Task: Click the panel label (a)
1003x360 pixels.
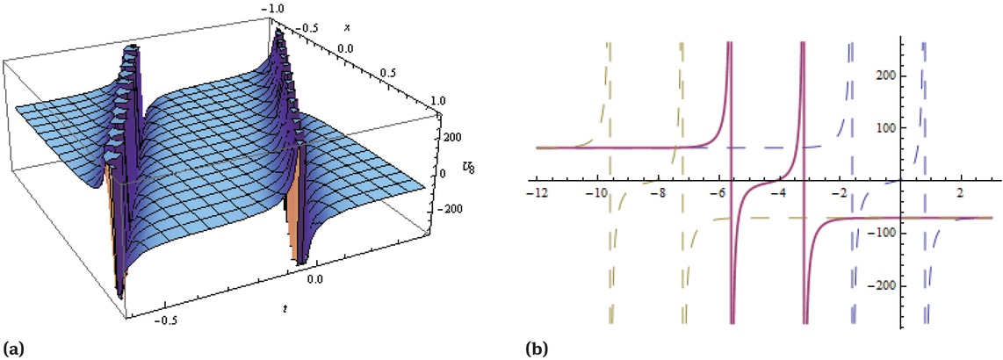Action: pyautogui.click(x=13, y=349)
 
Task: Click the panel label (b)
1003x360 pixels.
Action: pyautogui.click(x=537, y=349)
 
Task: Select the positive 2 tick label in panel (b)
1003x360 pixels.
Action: pyautogui.click(x=959, y=193)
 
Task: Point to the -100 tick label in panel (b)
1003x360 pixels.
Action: pyautogui.click(x=922, y=233)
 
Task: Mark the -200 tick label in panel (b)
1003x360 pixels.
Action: pyautogui.click(x=922, y=285)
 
